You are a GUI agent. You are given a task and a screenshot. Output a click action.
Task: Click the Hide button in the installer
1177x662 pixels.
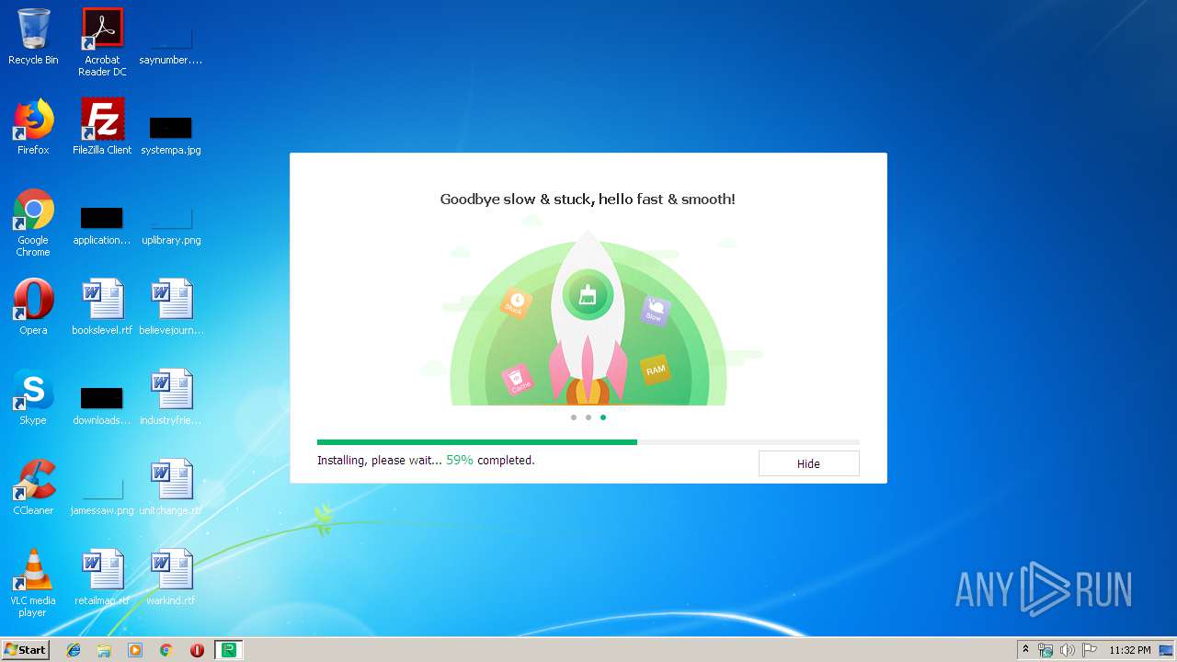pos(808,463)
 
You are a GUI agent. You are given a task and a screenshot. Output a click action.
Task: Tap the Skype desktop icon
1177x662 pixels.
pos(33,391)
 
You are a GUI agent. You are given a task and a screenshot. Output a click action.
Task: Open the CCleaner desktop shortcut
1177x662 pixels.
pos(33,481)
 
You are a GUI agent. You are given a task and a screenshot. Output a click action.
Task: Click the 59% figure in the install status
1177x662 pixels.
pos(460,460)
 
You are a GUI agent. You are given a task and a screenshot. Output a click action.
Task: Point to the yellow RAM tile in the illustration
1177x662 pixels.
pos(655,370)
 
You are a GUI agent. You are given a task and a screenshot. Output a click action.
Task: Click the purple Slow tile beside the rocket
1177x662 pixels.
pos(654,311)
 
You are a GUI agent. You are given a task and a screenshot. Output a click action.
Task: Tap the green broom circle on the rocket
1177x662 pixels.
pos(588,295)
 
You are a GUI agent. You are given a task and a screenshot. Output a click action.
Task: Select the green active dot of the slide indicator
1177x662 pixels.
pos(603,417)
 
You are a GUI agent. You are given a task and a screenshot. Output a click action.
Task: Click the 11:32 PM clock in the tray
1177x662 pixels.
pos(1129,650)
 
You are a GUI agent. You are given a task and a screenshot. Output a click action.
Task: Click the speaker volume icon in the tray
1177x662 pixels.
pos(1067,650)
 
